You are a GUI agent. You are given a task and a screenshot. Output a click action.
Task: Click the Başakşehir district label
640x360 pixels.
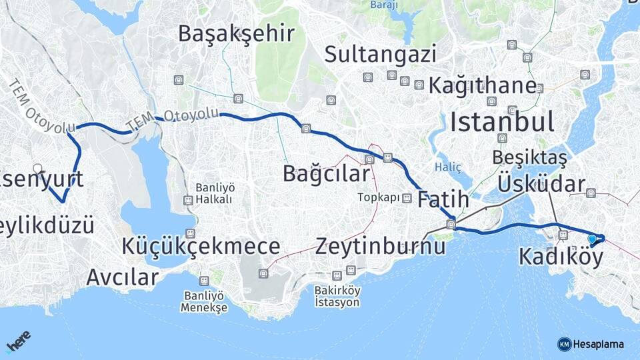[236, 33]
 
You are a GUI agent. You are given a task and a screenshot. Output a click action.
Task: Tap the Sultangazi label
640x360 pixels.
[381, 54]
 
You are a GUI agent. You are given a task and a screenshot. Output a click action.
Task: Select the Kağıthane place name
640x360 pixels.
[482, 85]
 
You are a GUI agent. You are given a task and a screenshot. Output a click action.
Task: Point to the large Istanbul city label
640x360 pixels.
[502, 122]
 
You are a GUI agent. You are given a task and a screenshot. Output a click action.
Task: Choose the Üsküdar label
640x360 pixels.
[541, 184]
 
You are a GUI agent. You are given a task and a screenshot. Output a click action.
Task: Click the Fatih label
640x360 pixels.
[443, 200]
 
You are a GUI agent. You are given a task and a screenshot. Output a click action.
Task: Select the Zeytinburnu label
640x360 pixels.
[381, 246]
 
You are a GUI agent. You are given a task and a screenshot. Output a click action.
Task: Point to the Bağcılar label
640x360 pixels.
[326, 174]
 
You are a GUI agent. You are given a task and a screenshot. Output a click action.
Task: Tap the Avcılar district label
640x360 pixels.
[123, 276]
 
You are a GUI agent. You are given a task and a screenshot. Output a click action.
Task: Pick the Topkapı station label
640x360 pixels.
[378, 197]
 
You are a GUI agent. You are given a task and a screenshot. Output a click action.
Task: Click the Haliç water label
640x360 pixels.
[447, 167]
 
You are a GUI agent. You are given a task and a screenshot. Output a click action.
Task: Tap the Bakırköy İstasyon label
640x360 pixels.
[337, 297]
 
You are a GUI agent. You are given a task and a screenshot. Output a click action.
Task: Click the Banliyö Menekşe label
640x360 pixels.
[203, 302]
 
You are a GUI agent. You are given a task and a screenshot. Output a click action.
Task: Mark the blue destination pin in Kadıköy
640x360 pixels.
[592, 239]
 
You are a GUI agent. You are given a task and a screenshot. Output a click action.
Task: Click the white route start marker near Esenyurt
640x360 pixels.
[38, 169]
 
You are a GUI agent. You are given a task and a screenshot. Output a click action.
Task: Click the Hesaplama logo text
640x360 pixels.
[597, 344]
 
